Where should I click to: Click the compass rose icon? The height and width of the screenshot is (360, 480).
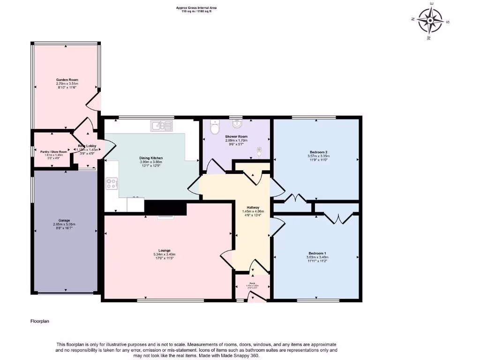430,22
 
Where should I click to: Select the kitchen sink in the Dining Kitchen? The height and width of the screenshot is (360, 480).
161,125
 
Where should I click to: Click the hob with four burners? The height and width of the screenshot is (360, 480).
112,183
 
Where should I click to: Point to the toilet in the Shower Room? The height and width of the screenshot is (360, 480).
215,127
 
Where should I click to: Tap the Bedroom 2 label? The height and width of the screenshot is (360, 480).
317,152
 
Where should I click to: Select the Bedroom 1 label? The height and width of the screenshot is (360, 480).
317,253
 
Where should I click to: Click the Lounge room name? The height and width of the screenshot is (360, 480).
165,250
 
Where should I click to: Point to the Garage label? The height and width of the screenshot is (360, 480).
64,220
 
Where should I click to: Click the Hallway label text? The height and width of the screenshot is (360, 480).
253,207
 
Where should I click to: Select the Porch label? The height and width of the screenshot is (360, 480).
252,283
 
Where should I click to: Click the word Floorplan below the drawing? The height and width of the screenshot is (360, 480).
40,322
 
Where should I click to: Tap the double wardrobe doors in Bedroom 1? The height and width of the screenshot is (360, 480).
336,218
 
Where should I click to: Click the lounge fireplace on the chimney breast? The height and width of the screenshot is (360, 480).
165,217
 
